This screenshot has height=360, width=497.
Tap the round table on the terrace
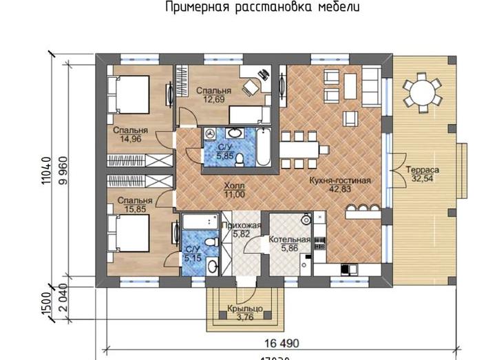[421, 92]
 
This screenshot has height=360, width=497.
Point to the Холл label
[235, 185]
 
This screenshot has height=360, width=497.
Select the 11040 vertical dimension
[47, 172]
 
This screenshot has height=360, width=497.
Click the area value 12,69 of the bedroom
[213, 99]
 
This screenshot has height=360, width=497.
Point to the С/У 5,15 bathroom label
[192, 254]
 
